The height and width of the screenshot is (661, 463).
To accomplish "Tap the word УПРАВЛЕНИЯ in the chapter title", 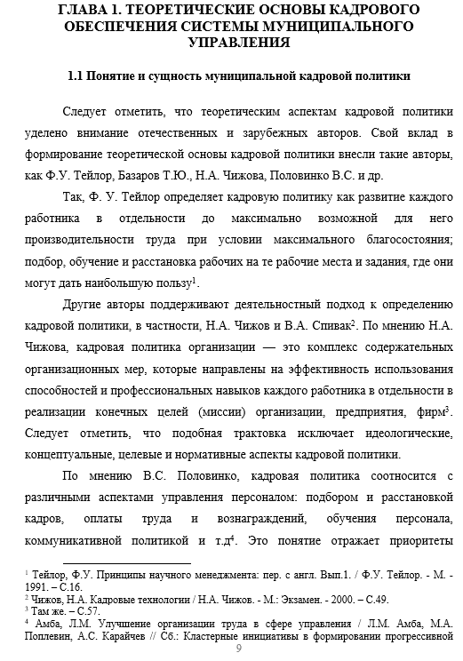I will [x=230, y=44].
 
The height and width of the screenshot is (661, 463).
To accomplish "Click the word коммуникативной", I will [x=87, y=537].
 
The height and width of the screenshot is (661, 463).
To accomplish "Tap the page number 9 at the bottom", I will [x=238, y=650].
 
